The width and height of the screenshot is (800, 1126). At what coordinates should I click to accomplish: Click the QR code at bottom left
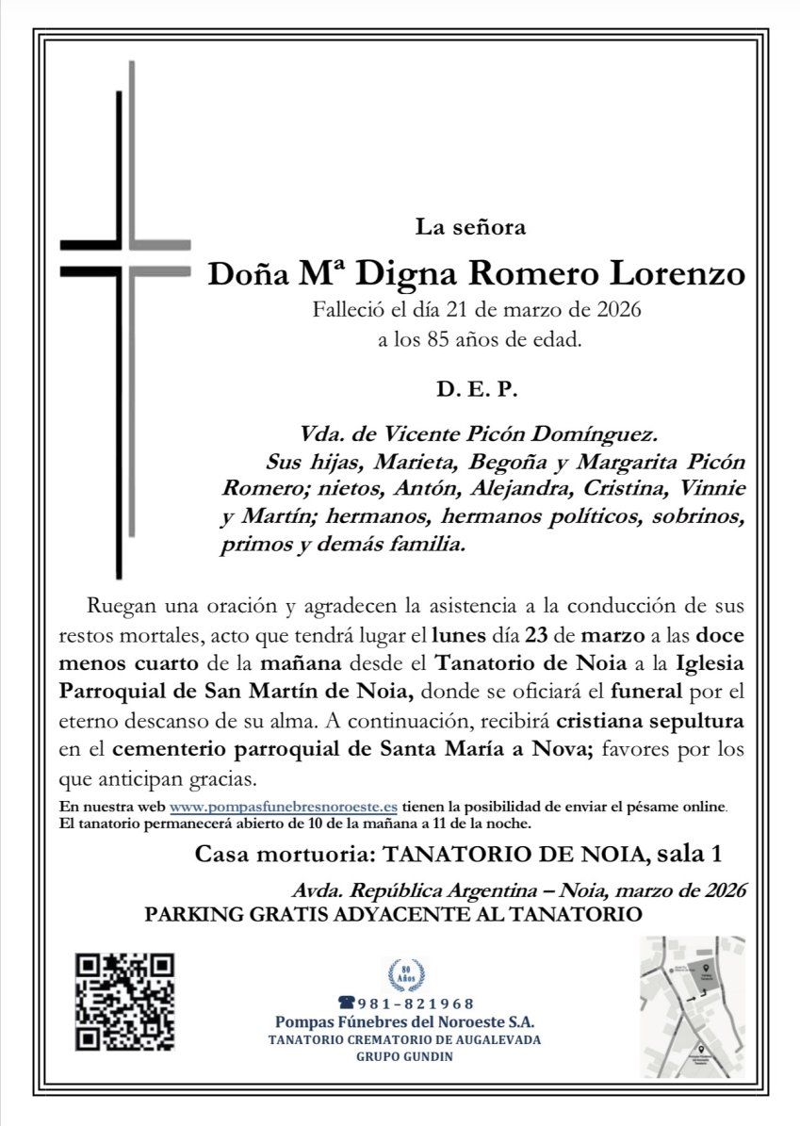125,1002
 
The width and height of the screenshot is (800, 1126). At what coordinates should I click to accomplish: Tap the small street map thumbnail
693,1006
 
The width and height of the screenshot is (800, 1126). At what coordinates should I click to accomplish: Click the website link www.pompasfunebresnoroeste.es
283,807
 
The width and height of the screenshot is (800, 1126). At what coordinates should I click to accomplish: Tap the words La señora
476,226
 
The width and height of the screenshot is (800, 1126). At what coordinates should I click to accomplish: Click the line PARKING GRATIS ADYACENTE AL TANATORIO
393,914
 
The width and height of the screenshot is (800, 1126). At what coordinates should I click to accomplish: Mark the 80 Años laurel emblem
406,972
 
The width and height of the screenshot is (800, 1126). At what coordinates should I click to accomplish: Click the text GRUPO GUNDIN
405,1056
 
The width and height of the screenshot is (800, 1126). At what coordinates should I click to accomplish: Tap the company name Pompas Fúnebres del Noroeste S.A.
405,1022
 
